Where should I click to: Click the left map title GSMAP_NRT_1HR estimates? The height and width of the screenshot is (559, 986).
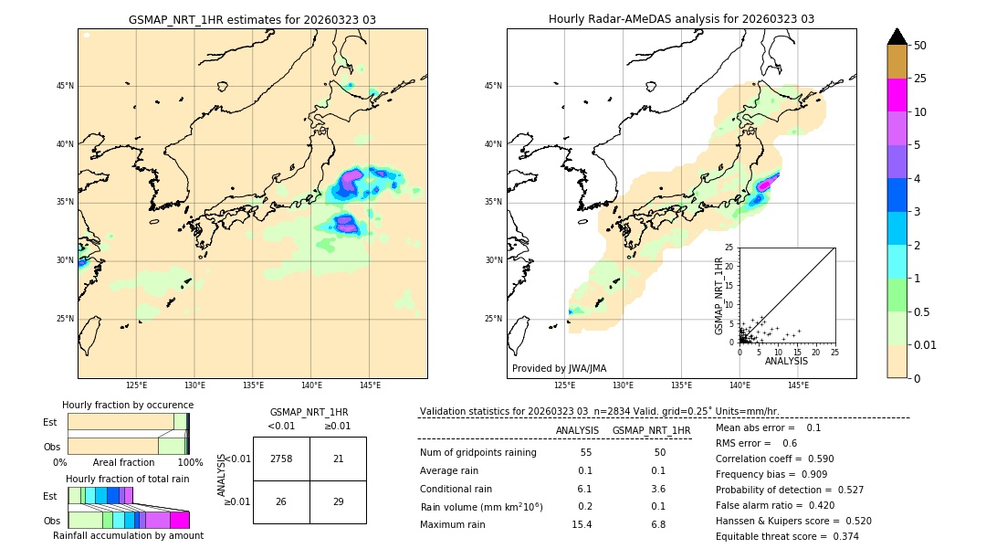pyautogui.click(x=252, y=19)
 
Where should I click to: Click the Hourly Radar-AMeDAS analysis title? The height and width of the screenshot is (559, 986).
pyautogui.click(x=681, y=19)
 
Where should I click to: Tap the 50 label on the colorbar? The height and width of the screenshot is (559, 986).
pyautogui.click(x=920, y=46)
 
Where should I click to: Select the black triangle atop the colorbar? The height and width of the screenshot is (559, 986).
pyautogui.click(x=897, y=37)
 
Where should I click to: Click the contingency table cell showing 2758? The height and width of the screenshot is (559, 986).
pyautogui.click(x=281, y=459)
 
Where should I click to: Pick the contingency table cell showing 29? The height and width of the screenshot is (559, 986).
pyautogui.click(x=338, y=501)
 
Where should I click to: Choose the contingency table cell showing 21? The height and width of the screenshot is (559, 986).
pyautogui.click(x=338, y=459)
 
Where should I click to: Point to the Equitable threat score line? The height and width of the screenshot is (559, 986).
pyautogui.click(x=787, y=536)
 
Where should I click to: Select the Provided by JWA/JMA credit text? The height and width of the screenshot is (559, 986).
pyautogui.click(x=559, y=368)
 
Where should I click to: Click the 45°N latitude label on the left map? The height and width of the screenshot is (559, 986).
pyautogui.click(x=65, y=86)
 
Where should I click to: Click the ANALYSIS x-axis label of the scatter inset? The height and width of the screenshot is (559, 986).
pyautogui.click(x=786, y=361)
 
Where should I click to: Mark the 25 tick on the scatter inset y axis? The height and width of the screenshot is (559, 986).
pyautogui.click(x=729, y=248)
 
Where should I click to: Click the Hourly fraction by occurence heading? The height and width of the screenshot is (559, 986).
pyautogui.click(x=128, y=405)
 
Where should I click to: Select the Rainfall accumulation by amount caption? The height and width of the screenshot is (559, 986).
pyautogui.click(x=128, y=535)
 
